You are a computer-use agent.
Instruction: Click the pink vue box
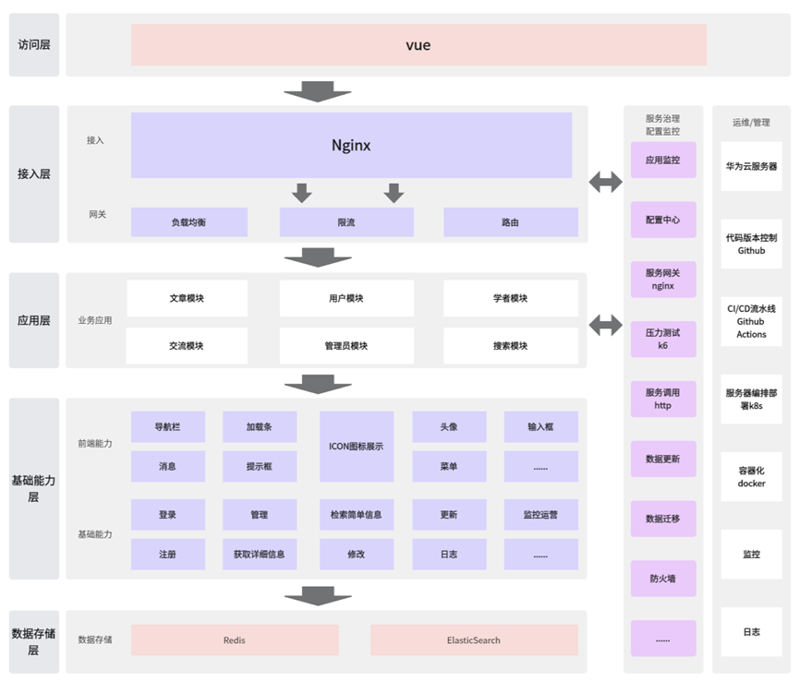pos(418,45)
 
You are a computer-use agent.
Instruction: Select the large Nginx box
pos(351,145)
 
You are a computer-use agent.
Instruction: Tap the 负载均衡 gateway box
pos(188,222)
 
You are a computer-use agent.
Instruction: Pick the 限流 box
pos(346,222)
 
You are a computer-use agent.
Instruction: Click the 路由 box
pos(510,222)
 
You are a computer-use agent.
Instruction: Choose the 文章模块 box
pos(187,298)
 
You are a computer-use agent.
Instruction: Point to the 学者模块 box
pos(510,298)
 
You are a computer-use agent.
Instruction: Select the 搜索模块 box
pos(510,346)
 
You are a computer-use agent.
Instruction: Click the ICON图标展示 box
pos(357,447)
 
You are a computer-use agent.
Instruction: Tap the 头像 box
pos(449,427)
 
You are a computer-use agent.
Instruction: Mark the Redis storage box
pos(235,639)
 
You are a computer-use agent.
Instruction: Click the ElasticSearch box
pos(474,639)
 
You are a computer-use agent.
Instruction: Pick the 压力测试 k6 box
pos(662,339)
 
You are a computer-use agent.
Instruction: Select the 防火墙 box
pos(662,579)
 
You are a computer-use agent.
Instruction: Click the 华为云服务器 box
pos(751,166)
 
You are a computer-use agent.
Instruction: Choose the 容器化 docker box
pos(751,476)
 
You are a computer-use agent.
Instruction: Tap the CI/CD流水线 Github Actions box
pos(751,321)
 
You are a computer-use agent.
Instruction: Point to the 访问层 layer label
pos(34,44)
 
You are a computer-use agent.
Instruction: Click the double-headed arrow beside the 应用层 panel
pos(605,324)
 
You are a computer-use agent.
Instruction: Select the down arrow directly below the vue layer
pos(318,92)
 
